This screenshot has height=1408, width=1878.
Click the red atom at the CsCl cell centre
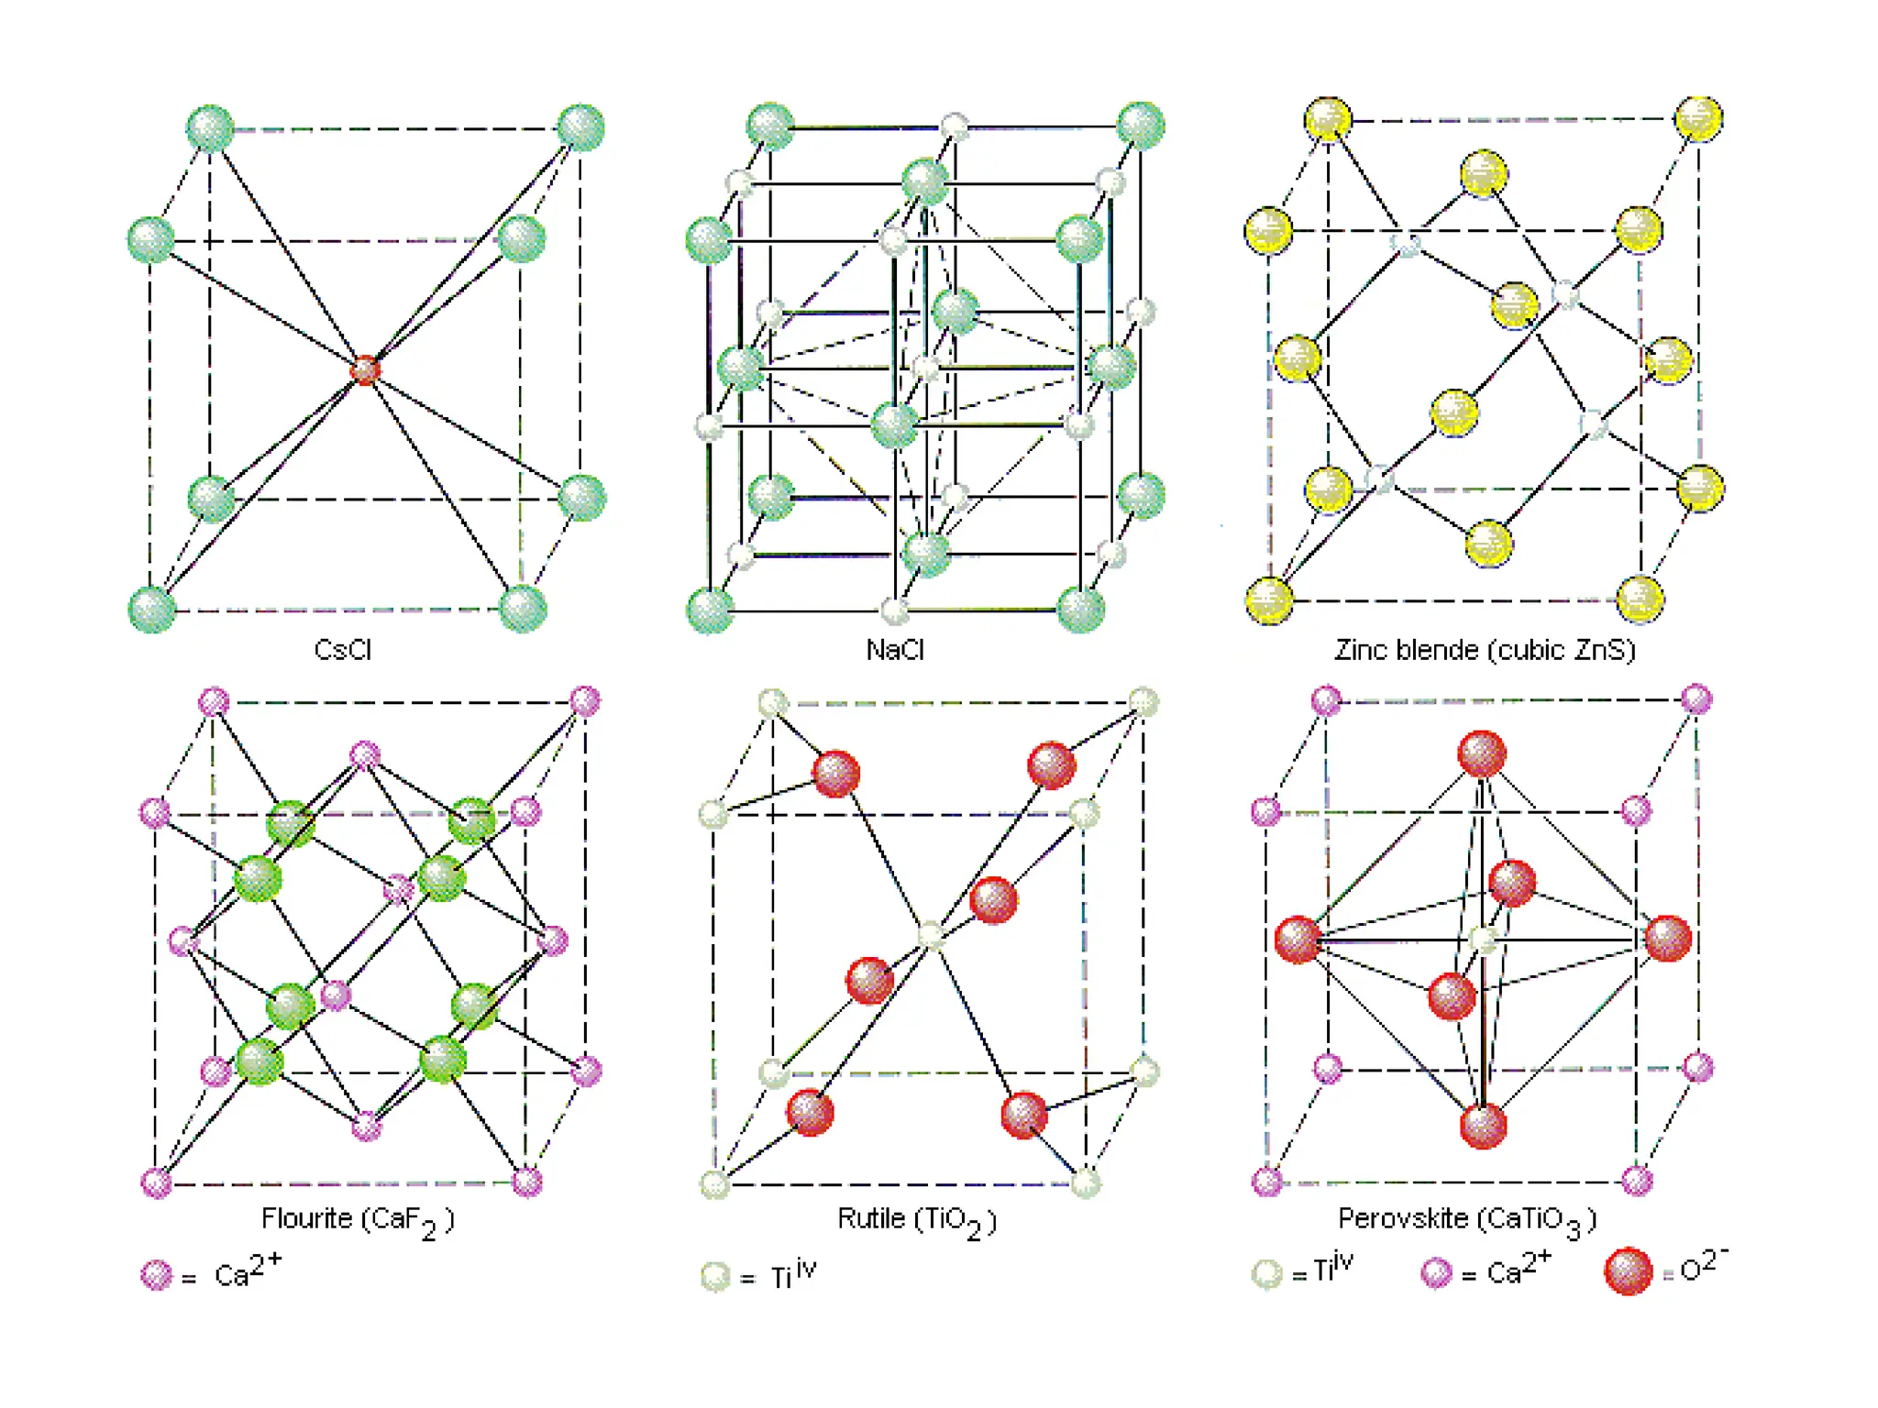tap(365, 369)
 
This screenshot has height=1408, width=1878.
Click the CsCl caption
tap(342, 650)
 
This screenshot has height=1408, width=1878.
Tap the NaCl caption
tap(895, 650)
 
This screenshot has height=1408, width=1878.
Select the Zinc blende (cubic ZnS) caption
tap(1485, 650)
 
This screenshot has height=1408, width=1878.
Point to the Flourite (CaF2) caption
tap(358, 1220)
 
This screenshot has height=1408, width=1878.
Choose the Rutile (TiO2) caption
tap(916, 1220)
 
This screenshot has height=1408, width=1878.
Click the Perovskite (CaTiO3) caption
tap(1467, 1220)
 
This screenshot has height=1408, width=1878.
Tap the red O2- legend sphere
tap(1629, 1271)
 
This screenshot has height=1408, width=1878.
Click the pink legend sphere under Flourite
tap(157, 1275)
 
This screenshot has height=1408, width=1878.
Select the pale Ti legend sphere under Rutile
tap(715, 1276)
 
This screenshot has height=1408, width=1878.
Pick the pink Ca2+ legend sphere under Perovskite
tap(1436, 1272)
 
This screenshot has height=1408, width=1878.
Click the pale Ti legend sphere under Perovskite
tap(1267, 1273)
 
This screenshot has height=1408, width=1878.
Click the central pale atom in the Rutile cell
tap(931, 936)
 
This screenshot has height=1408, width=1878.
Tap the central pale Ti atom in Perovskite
tap(1483, 940)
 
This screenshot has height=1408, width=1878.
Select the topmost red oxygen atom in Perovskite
tap(1482, 753)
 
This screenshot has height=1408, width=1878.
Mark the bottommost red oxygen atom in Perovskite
tap(1483, 1126)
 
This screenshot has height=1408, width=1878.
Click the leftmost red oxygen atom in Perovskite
tap(1298, 940)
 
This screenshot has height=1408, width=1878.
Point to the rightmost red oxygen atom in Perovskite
tap(1668, 939)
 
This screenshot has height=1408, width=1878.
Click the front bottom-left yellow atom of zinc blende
tap(1270, 600)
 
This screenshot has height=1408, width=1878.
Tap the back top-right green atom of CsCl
tap(581, 127)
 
